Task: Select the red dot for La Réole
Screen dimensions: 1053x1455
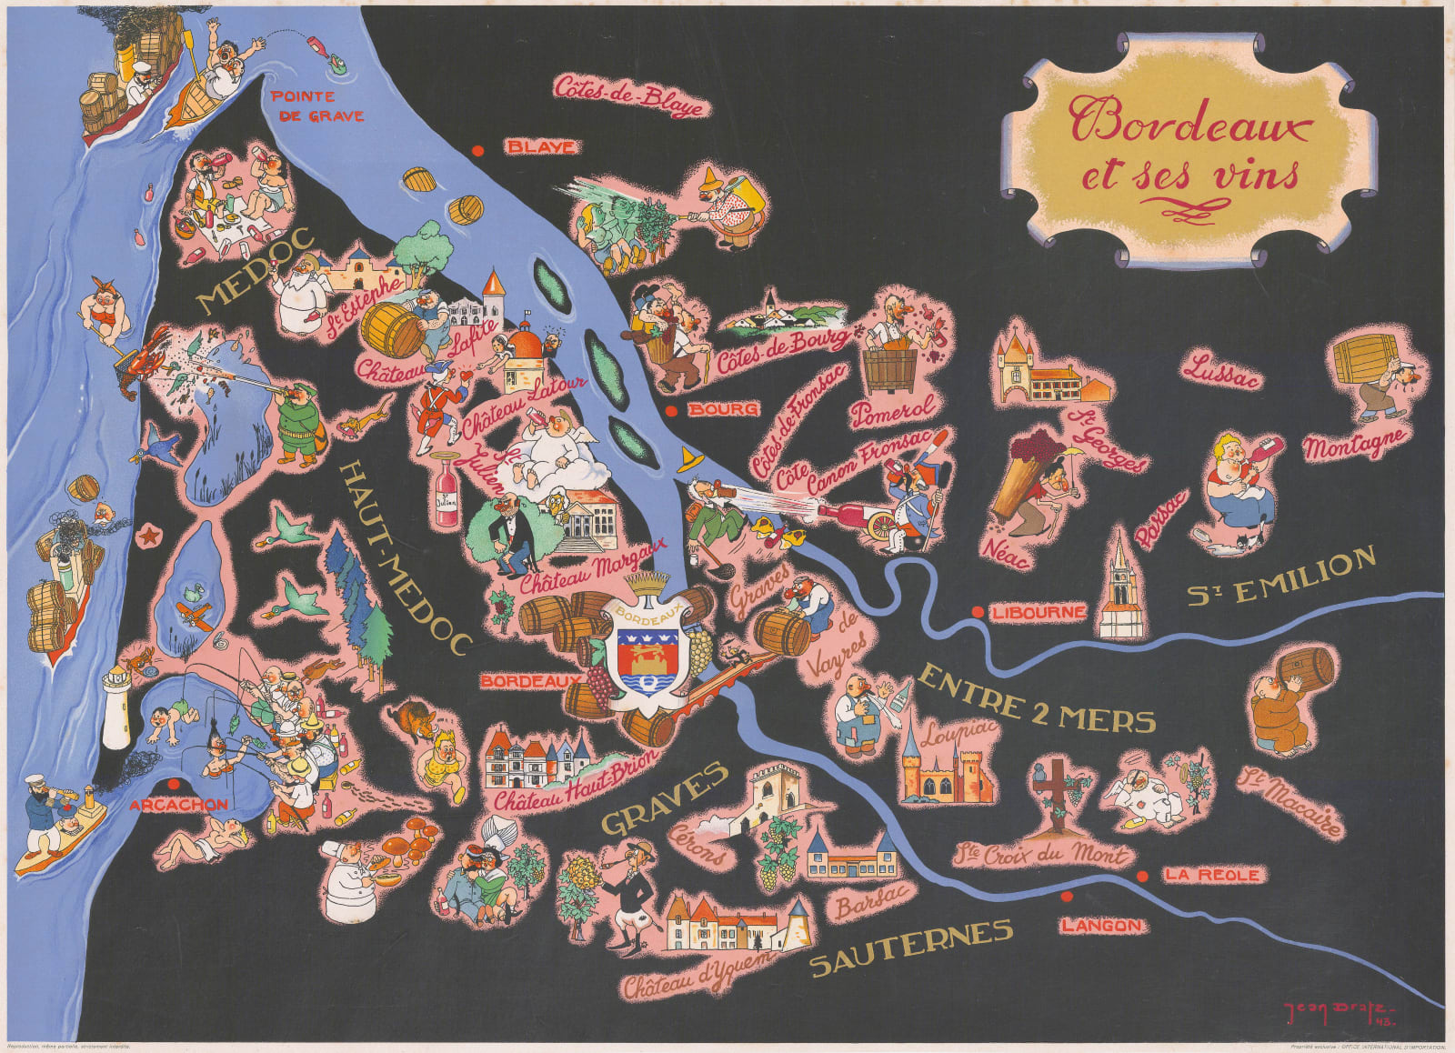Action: click(x=1142, y=876)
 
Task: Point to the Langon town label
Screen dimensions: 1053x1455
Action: click(x=1100, y=926)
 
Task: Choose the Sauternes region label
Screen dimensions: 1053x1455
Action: click(x=910, y=947)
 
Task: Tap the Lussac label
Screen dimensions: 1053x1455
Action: click(x=1221, y=373)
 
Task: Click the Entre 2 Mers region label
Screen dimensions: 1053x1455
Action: click(x=1037, y=698)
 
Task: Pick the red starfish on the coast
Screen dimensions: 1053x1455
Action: click(x=145, y=536)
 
